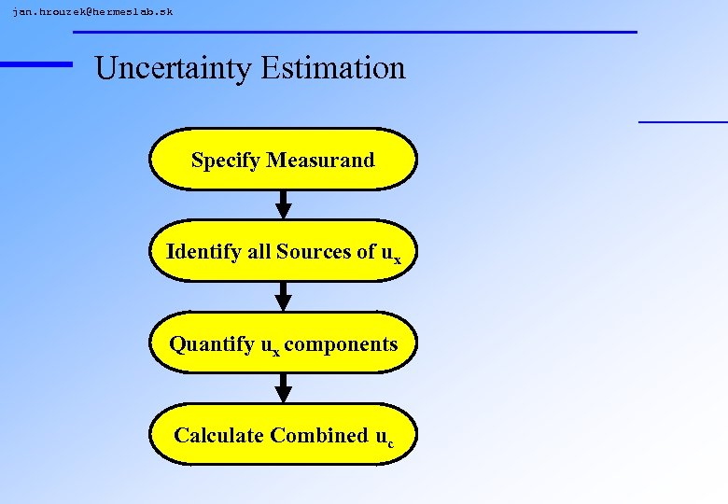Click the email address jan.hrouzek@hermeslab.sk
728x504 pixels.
[x=92, y=12]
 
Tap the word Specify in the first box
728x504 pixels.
[x=226, y=160]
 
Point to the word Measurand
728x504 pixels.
[x=320, y=160]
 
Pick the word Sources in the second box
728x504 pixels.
[x=313, y=251]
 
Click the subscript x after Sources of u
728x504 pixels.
[x=398, y=259]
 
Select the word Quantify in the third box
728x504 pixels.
[x=211, y=343]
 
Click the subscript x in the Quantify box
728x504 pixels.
[x=276, y=352]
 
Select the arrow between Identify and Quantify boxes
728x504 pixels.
[x=284, y=297]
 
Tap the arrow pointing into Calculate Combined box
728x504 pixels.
[x=284, y=388]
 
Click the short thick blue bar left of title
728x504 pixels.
[x=35, y=63]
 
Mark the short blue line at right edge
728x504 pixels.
[x=682, y=121]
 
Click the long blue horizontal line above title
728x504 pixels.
[x=355, y=32]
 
